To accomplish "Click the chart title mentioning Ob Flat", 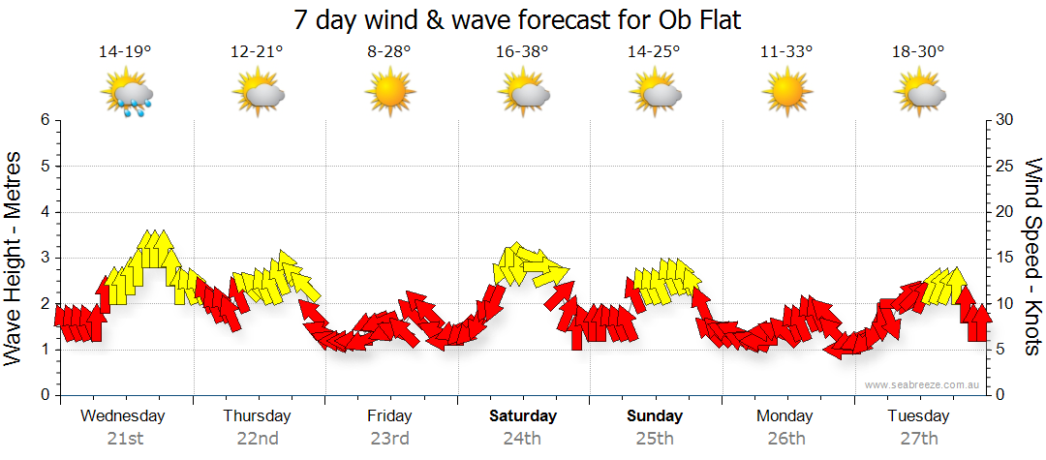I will point(522,19).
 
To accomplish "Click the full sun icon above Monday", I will point(785,93).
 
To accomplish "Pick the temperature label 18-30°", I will point(917,51).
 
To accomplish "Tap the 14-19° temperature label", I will point(125,51).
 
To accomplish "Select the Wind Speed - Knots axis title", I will point(1032,257).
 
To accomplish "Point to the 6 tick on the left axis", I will point(44,120).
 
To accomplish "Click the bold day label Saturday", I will point(522,416).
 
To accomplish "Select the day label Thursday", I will point(257,416).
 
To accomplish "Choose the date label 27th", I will point(918,439).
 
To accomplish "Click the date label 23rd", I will point(389,439).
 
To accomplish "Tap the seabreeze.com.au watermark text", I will point(924,385).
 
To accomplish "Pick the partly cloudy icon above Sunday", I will point(654,94).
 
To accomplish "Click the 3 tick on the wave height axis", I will point(44,258).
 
